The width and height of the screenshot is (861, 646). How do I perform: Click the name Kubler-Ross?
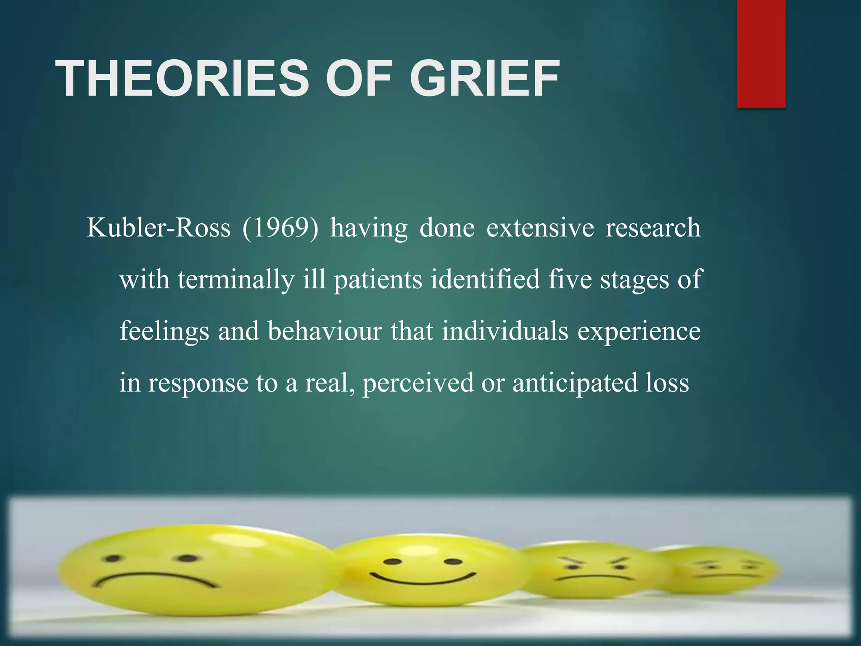click(158, 228)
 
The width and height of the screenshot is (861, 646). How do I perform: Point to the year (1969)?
click(280, 228)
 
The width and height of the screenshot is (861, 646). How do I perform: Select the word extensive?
click(540, 228)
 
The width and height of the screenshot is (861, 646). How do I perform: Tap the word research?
click(653, 228)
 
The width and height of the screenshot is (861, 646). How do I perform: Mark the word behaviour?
click(325, 331)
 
